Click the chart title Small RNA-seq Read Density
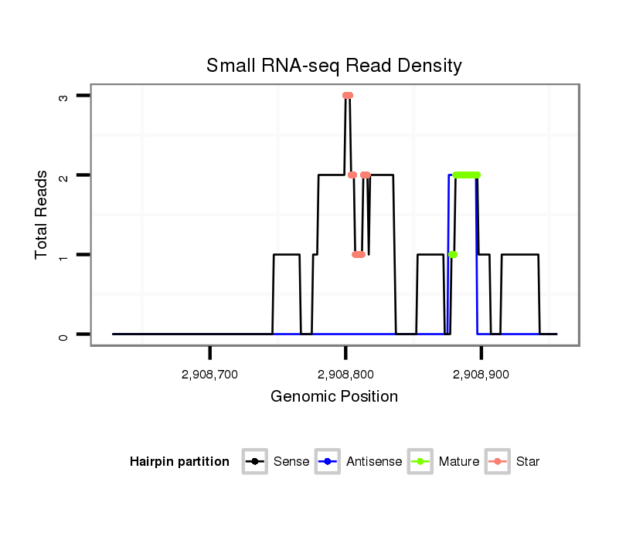(x=334, y=66)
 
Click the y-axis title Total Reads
(x=43, y=215)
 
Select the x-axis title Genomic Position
(x=334, y=397)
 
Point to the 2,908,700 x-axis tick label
(x=210, y=375)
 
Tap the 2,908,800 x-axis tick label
(x=345, y=375)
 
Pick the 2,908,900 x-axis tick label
(x=481, y=375)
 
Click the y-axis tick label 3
(x=63, y=96)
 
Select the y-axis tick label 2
(x=63, y=175)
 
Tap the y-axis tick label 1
(x=63, y=255)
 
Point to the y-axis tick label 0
(x=63, y=334)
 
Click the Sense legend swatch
(x=254, y=462)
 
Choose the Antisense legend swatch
(x=328, y=462)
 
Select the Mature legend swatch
(x=420, y=462)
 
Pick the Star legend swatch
(x=498, y=462)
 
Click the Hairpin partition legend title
(x=179, y=462)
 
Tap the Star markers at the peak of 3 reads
(x=348, y=96)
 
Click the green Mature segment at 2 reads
(x=467, y=175)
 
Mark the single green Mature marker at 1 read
(x=453, y=254)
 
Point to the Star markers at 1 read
(x=359, y=254)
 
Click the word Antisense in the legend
(x=373, y=462)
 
